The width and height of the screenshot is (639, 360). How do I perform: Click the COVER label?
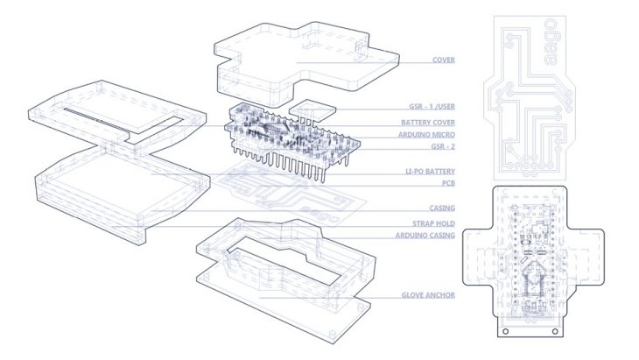tap(447, 60)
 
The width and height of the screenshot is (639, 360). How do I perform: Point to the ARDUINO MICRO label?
tap(426, 135)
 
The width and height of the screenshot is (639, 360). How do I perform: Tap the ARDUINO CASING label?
tap(425, 236)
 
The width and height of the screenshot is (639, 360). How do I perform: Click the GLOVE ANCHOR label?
tap(429, 297)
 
